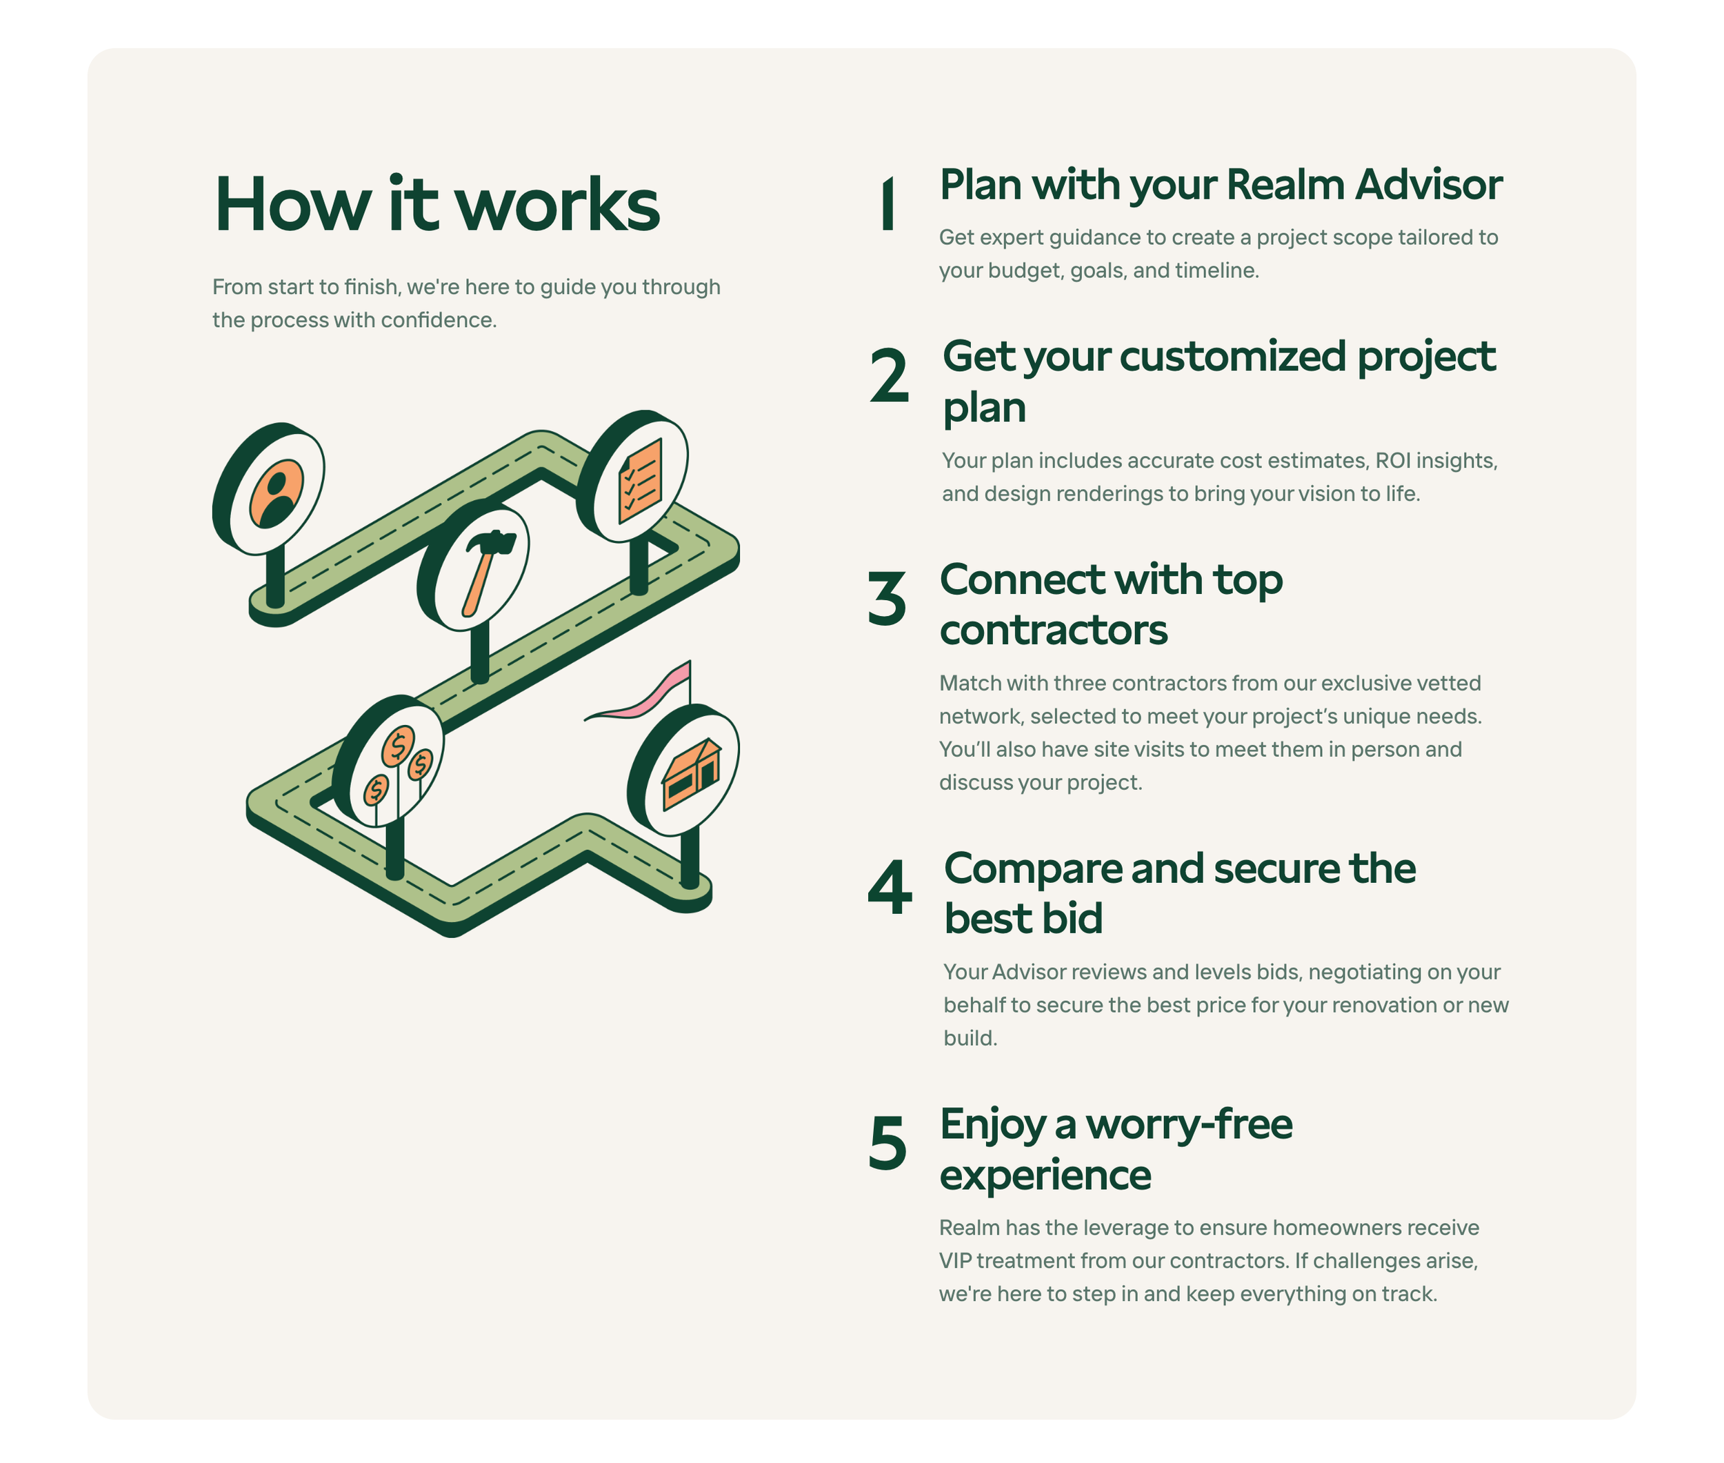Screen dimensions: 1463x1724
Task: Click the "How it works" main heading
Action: tap(437, 204)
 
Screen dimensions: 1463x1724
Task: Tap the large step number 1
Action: tap(888, 204)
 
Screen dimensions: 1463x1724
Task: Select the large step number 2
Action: tap(889, 376)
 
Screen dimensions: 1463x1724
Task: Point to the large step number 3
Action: tap(886, 598)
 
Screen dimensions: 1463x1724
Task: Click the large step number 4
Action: tap(889, 888)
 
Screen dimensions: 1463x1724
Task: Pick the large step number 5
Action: tap(888, 1144)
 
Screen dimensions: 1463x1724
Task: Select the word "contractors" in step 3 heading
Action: tap(1053, 630)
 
